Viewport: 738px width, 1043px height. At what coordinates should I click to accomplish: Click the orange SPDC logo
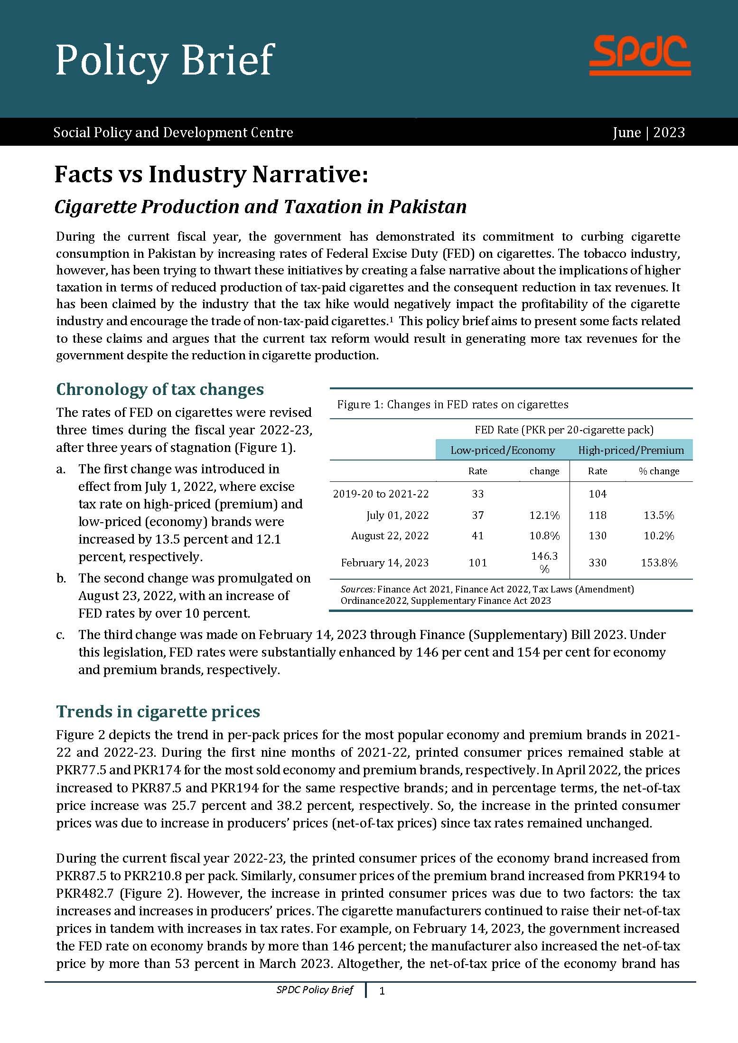pyautogui.click(x=640, y=57)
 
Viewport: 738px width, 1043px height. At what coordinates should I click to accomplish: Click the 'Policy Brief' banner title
pyautogui.click(x=165, y=61)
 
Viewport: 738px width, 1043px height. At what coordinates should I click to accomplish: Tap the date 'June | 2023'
pyautogui.click(x=649, y=132)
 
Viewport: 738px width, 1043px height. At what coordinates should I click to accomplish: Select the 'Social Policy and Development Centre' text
pyautogui.click(x=173, y=132)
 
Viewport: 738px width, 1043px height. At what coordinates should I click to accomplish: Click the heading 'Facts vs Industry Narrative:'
pyautogui.click(x=211, y=175)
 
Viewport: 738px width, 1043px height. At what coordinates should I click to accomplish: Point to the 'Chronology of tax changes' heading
pyautogui.click(x=160, y=389)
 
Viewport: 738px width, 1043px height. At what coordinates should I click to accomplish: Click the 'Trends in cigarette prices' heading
pyautogui.click(x=158, y=711)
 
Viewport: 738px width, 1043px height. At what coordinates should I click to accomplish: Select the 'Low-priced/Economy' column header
pyautogui.click(x=502, y=450)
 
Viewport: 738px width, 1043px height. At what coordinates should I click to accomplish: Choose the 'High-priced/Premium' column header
pyautogui.click(x=631, y=450)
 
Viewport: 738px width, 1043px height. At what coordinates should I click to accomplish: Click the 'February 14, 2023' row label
pyautogui.click(x=384, y=563)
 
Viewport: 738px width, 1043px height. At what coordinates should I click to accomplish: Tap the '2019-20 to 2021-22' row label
pyautogui.click(x=381, y=494)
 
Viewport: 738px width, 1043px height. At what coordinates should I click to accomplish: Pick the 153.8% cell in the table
pyautogui.click(x=659, y=563)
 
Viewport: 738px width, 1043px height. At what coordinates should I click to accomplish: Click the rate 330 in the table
pyautogui.click(x=598, y=563)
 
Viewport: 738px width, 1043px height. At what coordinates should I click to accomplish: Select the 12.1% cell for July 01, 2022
pyautogui.click(x=544, y=515)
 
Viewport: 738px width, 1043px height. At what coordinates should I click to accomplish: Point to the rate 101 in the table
pyautogui.click(x=477, y=563)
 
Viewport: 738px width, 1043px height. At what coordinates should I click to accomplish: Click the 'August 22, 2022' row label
pyautogui.click(x=390, y=536)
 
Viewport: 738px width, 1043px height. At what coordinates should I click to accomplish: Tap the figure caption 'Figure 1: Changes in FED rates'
pyautogui.click(x=452, y=404)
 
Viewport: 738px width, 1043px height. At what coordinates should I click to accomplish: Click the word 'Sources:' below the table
pyautogui.click(x=358, y=589)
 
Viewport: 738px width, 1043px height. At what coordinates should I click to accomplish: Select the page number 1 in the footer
pyautogui.click(x=382, y=991)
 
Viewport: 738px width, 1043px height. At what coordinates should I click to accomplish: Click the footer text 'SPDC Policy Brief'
pyautogui.click(x=315, y=990)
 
